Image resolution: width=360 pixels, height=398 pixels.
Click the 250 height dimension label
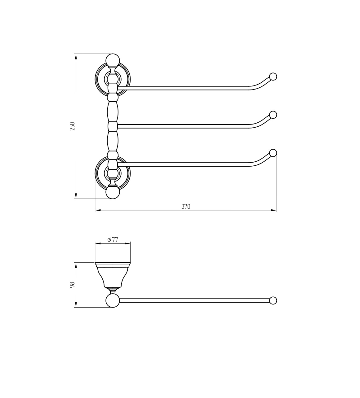[x=73, y=126]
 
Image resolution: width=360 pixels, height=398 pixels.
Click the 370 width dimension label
[x=186, y=207]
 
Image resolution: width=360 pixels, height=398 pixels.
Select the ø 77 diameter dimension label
[x=113, y=240]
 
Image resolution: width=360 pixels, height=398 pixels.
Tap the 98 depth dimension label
[x=73, y=285]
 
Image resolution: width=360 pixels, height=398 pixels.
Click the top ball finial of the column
[x=113, y=60]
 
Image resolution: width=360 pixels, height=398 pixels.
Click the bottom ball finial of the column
[x=113, y=192]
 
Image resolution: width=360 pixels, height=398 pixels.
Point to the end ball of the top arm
[x=273, y=77]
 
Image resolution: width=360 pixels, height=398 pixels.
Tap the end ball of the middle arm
[x=273, y=115]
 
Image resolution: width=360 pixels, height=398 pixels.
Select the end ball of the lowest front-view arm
[x=273, y=153]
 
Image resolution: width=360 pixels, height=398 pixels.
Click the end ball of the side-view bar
[x=273, y=300]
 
